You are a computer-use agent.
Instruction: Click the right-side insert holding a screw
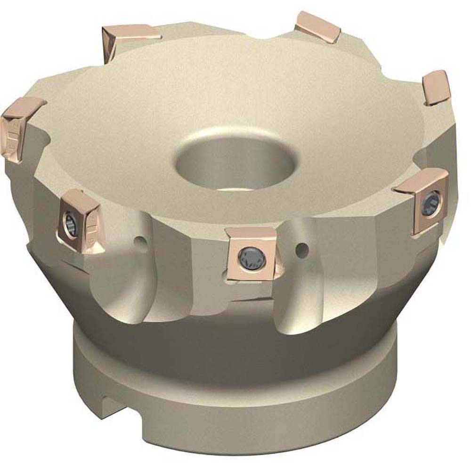pos(422,200)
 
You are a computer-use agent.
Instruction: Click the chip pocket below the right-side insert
pos(400,264)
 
